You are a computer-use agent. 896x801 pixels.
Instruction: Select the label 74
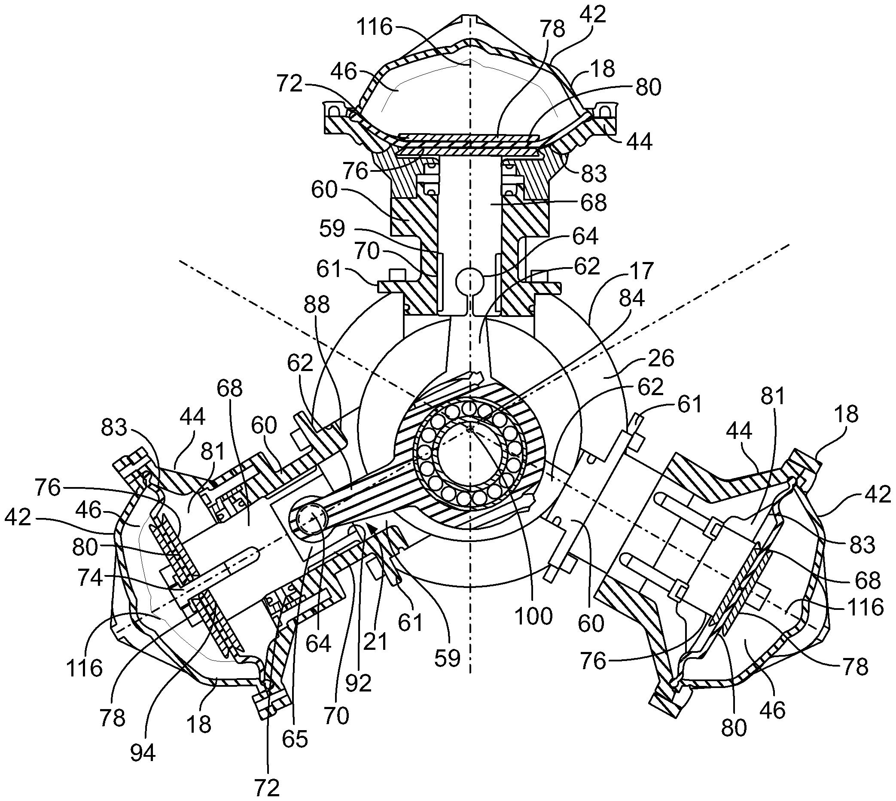(90, 577)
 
